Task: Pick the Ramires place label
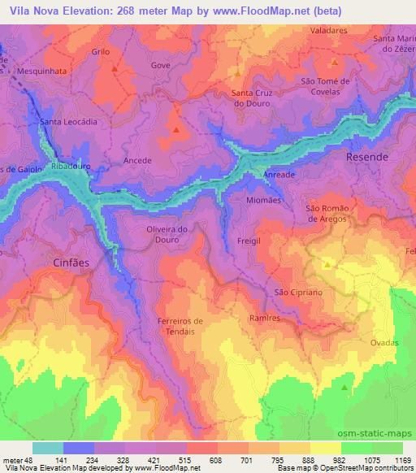click(265, 319)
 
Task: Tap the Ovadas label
click(384, 343)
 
